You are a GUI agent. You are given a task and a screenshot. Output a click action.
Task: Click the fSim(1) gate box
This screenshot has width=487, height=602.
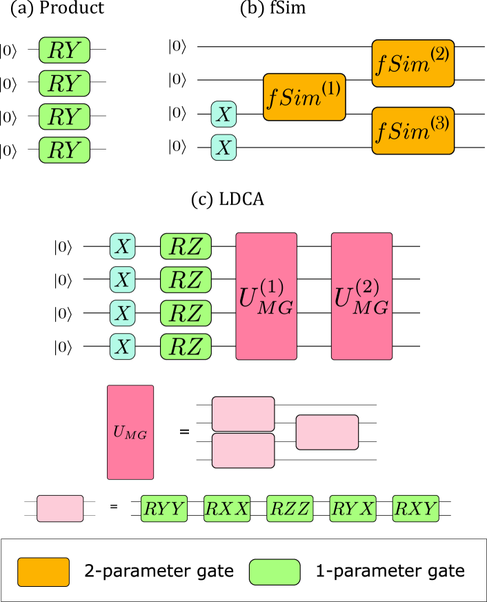pos(304,97)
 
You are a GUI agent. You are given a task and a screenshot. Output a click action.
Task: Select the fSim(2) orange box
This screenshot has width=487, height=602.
pos(413,63)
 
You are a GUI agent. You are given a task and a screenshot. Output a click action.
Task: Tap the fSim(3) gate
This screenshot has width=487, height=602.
pos(413,130)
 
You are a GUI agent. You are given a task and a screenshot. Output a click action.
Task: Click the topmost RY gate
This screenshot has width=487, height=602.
pos(64,50)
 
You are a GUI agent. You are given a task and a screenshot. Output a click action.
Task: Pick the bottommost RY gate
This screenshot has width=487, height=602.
pos(64,150)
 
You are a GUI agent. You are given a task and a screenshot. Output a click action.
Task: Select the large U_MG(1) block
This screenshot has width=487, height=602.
pos(266,297)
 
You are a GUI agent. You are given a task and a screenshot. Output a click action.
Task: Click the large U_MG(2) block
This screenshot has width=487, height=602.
pos(361,297)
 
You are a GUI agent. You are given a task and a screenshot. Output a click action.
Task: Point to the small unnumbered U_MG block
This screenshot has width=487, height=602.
pos(130,432)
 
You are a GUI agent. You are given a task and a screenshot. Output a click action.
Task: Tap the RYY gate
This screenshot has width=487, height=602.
pos(164,509)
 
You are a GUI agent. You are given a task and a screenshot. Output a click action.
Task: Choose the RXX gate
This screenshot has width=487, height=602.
pos(227,509)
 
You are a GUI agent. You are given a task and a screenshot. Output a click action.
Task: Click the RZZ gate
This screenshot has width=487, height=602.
pos(290,509)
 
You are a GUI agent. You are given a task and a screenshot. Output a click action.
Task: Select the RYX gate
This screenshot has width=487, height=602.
pos(352,509)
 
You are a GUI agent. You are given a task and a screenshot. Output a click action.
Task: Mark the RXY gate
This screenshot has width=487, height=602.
pos(415,509)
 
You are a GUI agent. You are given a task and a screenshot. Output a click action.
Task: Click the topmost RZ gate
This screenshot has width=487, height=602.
pos(186,246)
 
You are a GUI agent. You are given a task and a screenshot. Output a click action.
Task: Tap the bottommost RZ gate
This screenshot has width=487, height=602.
pos(186,346)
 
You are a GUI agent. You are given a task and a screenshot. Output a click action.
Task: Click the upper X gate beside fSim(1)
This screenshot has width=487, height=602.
pos(223,114)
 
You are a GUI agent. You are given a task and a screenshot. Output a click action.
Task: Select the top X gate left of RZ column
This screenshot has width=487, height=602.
pos(122,246)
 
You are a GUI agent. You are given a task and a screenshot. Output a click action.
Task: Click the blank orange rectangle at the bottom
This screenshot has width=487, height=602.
pos(43,572)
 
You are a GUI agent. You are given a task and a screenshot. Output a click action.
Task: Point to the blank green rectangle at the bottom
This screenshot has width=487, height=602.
pos(275,572)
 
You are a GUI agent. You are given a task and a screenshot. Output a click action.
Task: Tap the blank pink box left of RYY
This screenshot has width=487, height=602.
pos(60,509)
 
